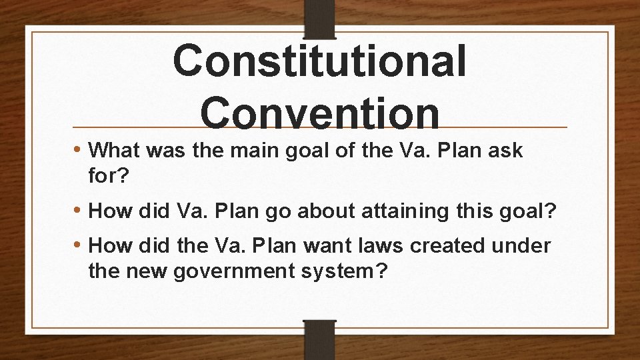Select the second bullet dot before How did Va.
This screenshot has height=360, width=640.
[79, 212]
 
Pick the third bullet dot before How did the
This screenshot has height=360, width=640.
[79, 245]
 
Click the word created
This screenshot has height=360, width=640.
[447, 245]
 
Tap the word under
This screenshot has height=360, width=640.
[523, 245]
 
